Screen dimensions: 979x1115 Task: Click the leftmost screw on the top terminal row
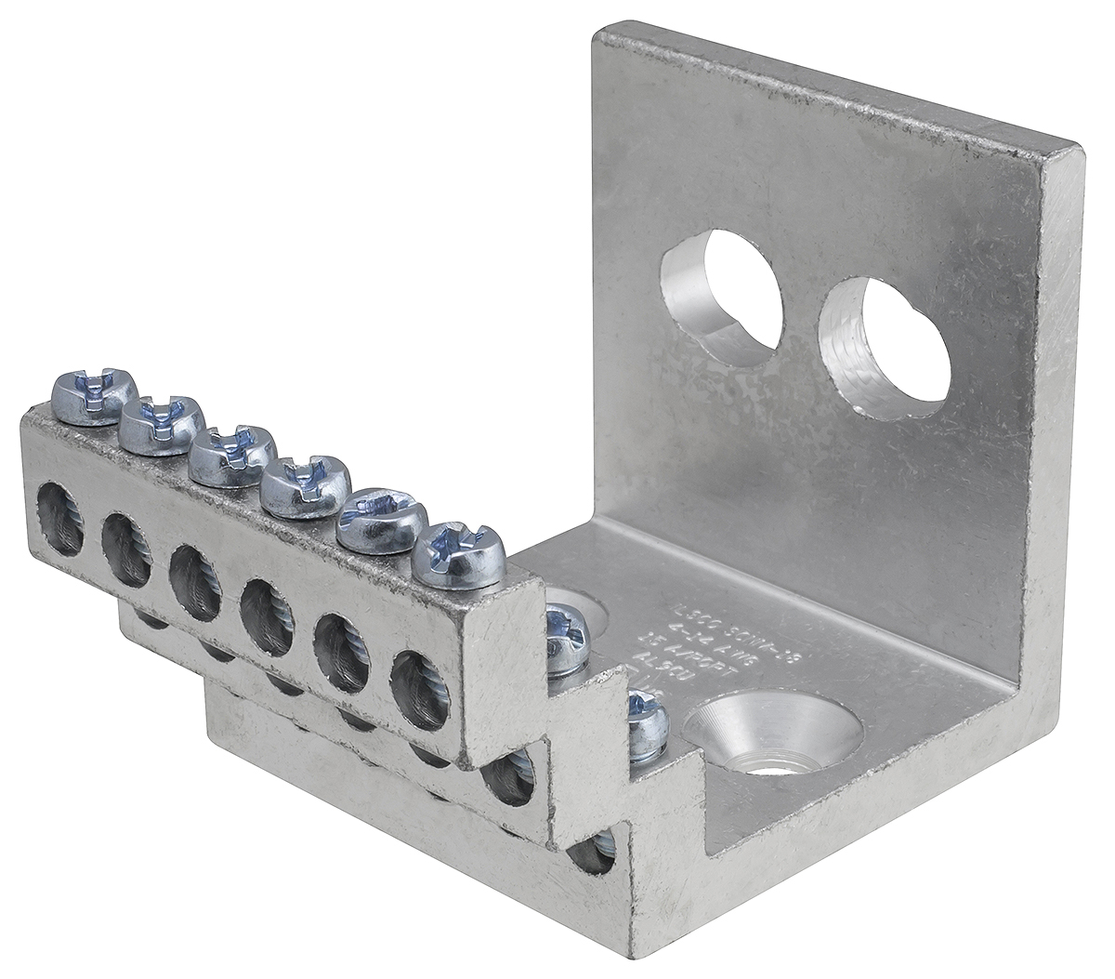coord(95,394)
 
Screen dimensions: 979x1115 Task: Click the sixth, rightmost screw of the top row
coord(458,555)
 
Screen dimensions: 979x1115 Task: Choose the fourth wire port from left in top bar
coord(266,615)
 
